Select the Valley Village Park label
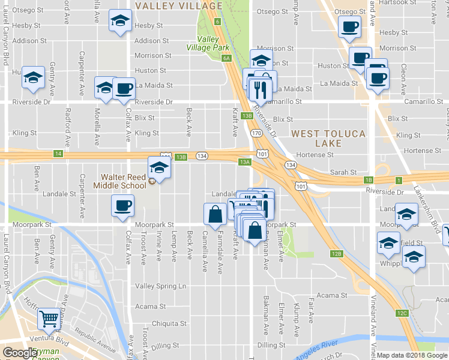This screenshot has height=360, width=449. click(207, 43)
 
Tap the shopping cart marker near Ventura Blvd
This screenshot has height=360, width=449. click(48, 319)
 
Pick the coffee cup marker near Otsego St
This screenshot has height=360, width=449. click(349, 26)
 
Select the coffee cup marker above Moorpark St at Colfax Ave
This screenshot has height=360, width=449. click(122, 206)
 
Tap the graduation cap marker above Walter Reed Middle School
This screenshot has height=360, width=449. click(160, 167)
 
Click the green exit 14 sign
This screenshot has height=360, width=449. click(58, 154)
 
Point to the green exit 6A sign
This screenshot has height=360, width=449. click(226, 58)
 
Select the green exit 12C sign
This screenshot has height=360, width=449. click(402, 313)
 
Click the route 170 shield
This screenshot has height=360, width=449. click(256, 133)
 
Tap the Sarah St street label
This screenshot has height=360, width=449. click(344, 172)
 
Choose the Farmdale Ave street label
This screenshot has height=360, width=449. click(220, 245)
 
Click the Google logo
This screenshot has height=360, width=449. click(20, 353)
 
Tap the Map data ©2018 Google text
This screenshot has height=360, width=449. click(412, 355)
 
